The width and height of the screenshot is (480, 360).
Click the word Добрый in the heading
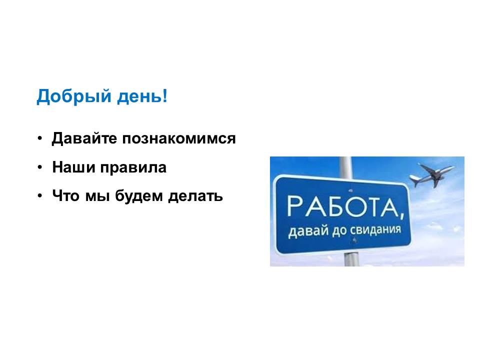pos(74,96)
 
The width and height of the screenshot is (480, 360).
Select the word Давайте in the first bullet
pos(84,138)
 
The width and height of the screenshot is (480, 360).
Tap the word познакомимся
pos(179,138)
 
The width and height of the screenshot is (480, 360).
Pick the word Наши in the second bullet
pos(73,167)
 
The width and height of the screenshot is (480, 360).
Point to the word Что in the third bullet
pos(66,195)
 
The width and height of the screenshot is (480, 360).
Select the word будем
pos(139,196)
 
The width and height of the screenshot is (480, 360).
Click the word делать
pos(195,196)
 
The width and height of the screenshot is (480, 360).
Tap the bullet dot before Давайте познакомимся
pos(40,138)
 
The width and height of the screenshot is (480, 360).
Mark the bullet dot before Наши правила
pos(40,167)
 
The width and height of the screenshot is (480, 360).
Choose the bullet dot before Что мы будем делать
pos(40,196)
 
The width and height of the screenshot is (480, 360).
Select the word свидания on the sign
pos(375,230)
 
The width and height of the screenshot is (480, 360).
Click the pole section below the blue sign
pos(351,259)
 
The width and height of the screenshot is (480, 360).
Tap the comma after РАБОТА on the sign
pos(401,215)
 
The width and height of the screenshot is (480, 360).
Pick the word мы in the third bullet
pos(97,196)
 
